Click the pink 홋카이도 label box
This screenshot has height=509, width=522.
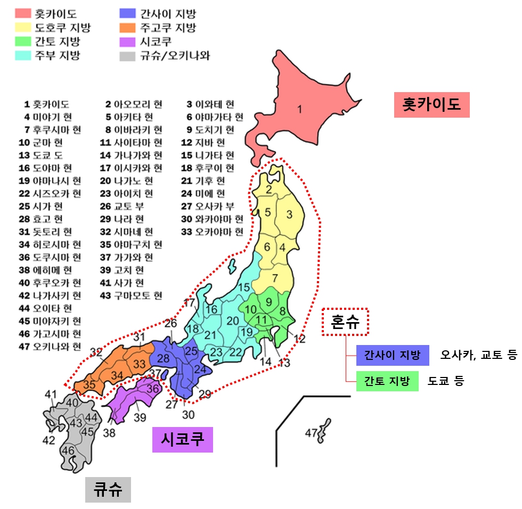(431, 105)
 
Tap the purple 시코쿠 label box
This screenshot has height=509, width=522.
(182, 440)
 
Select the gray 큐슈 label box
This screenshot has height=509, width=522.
(108, 489)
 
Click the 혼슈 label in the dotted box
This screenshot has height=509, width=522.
(345, 322)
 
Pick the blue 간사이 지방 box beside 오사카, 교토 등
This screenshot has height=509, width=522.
(393, 355)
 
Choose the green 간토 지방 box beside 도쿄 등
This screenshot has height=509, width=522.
(387, 381)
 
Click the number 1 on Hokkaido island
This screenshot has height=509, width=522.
(299, 110)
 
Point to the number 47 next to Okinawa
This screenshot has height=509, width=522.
(311, 433)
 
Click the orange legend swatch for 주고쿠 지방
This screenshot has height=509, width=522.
(128, 28)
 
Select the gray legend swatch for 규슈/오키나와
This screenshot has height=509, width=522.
(128, 55)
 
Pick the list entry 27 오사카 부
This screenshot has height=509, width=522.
(208, 207)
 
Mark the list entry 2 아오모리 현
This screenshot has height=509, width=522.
(134, 104)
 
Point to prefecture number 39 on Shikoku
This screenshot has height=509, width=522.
(140, 417)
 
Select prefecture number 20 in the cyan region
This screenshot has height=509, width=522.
(233, 321)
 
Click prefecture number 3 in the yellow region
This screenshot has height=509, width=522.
(290, 215)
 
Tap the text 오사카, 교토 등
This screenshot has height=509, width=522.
(479, 355)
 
